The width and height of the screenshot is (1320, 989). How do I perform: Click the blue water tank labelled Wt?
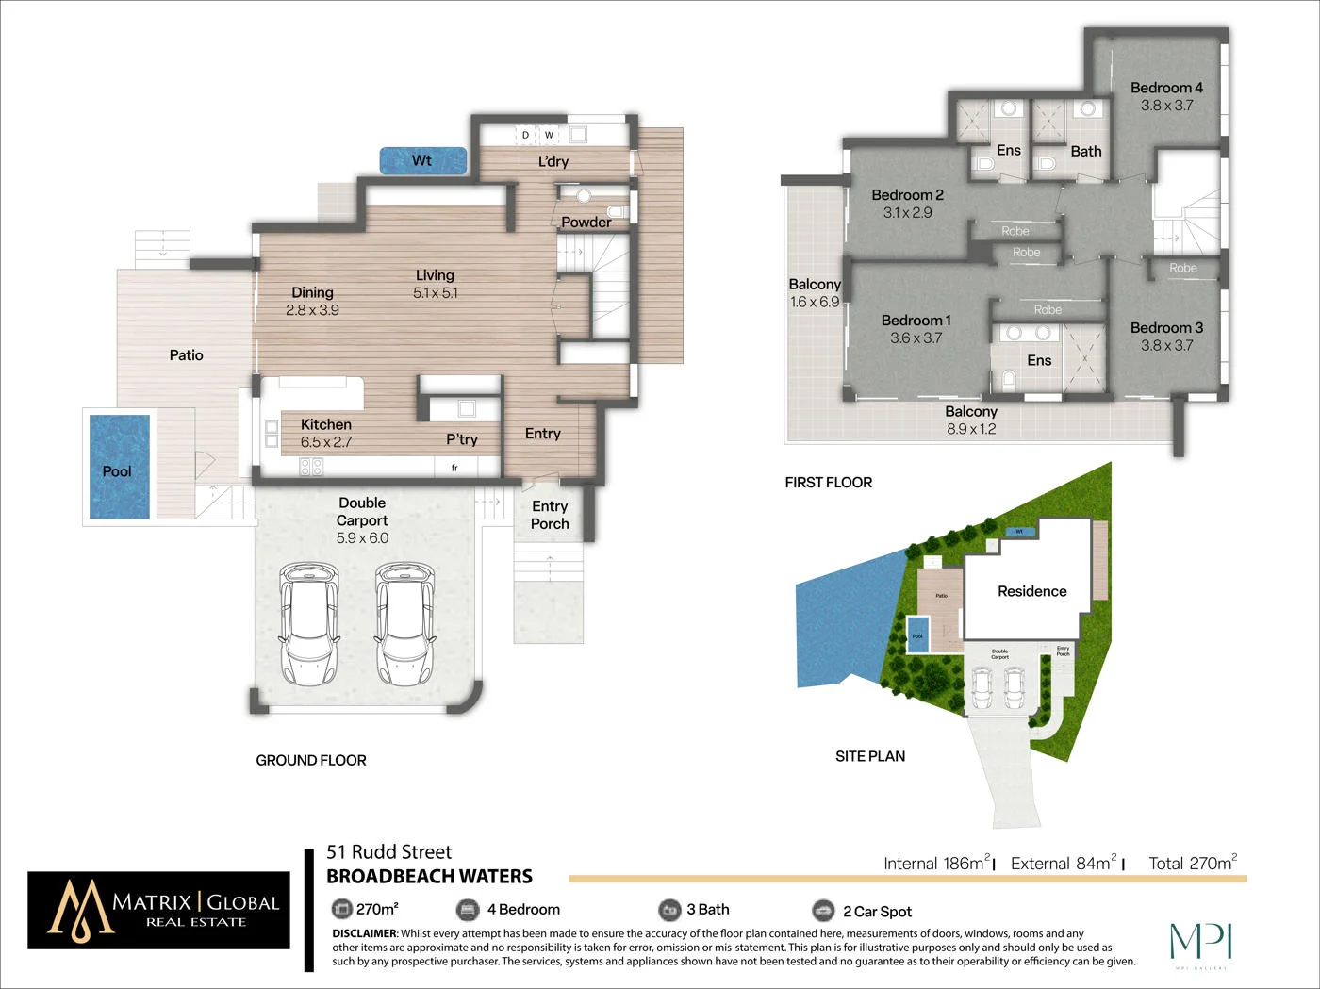tap(422, 160)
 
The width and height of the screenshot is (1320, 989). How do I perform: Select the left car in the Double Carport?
tap(308, 624)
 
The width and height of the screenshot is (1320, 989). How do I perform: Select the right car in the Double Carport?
tap(404, 624)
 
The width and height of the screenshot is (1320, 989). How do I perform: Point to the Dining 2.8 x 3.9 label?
tap(312, 301)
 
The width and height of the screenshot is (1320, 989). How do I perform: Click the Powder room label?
tap(586, 223)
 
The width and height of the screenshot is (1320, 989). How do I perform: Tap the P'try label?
tap(462, 439)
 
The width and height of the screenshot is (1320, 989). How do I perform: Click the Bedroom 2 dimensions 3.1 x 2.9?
tap(907, 213)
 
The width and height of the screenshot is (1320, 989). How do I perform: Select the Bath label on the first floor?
tap(1085, 151)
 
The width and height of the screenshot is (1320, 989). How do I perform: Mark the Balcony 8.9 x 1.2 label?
tap(971, 420)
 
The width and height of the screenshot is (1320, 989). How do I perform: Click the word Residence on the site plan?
tap(1031, 591)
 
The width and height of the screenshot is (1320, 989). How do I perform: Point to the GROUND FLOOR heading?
tap(311, 760)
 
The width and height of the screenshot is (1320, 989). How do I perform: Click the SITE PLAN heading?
tap(869, 756)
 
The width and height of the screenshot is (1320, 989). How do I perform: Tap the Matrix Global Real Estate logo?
tap(158, 910)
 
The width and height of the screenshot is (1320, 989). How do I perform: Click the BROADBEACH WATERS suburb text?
tap(429, 877)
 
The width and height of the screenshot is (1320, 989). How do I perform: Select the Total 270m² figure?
tap(1192, 863)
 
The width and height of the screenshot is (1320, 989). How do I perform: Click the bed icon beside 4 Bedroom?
tap(468, 910)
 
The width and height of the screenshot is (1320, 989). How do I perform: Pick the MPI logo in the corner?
tap(1200, 943)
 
